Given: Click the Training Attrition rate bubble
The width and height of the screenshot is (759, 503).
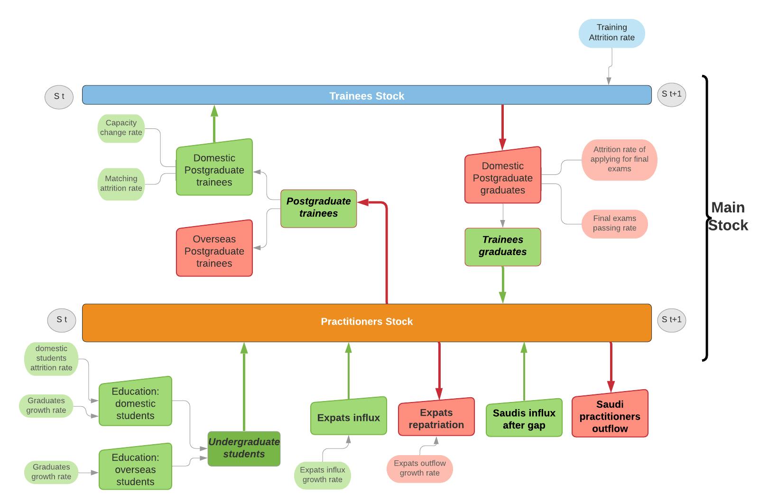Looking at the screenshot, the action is [x=611, y=33].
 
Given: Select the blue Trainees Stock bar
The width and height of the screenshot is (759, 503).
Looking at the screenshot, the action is [x=367, y=95].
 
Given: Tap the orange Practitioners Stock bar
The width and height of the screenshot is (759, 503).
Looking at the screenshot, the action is [x=367, y=322].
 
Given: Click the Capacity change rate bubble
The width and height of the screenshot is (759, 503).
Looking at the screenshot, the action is [x=121, y=128].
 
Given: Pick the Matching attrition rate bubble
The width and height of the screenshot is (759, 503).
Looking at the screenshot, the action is [x=121, y=184].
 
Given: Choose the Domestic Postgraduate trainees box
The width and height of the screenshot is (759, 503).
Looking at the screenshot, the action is [x=214, y=167].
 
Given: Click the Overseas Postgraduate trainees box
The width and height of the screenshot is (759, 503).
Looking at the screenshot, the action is [x=214, y=248].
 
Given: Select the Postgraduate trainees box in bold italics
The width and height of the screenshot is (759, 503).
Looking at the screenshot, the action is [x=318, y=208].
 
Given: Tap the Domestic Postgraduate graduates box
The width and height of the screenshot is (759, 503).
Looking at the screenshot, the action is [x=502, y=175].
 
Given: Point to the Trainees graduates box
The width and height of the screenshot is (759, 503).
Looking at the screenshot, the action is [x=502, y=247].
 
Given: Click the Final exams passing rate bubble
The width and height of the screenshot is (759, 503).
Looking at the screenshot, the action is [x=614, y=224].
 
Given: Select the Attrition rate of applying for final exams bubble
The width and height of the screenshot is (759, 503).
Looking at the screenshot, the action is [x=619, y=160].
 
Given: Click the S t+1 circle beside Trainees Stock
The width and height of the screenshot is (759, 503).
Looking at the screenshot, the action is [x=671, y=94].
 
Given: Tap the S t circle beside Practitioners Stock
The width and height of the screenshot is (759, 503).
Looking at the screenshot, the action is [x=61, y=320].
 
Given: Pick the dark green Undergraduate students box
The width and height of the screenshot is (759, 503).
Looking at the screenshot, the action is [x=244, y=448].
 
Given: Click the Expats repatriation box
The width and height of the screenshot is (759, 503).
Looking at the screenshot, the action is [x=436, y=417].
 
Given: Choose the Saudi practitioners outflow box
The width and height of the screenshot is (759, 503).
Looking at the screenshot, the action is [x=610, y=414].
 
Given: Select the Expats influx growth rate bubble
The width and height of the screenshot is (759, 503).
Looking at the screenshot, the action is [x=322, y=475].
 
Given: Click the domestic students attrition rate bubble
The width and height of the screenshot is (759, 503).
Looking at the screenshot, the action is [x=51, y=358].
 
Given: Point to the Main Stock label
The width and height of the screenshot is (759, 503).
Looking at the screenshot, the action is [x=728, y=216].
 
